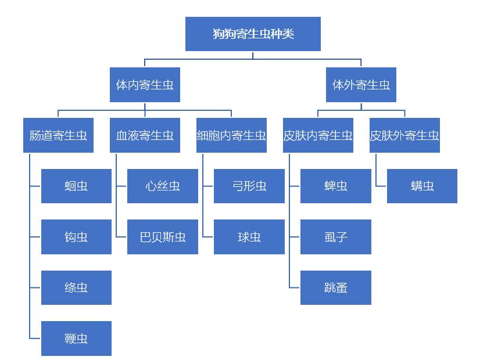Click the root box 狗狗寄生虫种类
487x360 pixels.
pyautogui.click(x=253, y=34)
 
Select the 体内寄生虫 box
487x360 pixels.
pyautogui.click(x=145, y=85)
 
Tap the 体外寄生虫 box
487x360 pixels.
pyautogui.click(x=361, y=85)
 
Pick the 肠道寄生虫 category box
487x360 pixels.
pyautogui.click(x=58, y=135)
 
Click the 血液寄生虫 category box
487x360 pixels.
pyautogui.click(x=145, y=135)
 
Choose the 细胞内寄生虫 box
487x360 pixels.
pyautogui.click(x=231, y=135)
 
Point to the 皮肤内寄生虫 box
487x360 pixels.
pyautogui.click(x=318, y=135)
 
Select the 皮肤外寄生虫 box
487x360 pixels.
pyautogui.click(x=404, y=135)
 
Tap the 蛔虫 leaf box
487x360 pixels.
pyautogui.click(x=76, y=186)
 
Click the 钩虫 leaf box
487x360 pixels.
pyautogui.click(x=76, y=237)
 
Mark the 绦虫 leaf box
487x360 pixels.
pyautogui.click(x=76, y=287)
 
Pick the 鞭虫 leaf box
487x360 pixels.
pyautogui.click(x=76, y=338)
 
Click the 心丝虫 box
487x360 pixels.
pyautogui.click(x=163, y=186)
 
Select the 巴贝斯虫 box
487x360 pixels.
pyautogui.click(x=163, y=237)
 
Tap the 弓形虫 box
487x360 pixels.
pyautogui.click(x=249, y=186)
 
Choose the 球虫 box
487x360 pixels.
pyautogui.click(x=249, y=237)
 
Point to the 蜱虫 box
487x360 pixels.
pyautogui.click(x=336, y=186)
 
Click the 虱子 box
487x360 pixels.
pyautogui.click(x=336, y=237)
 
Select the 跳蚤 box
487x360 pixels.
pyautogui.click(x=336, y=287)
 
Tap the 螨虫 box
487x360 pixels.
pyautogui.click(x=422, y=186)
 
